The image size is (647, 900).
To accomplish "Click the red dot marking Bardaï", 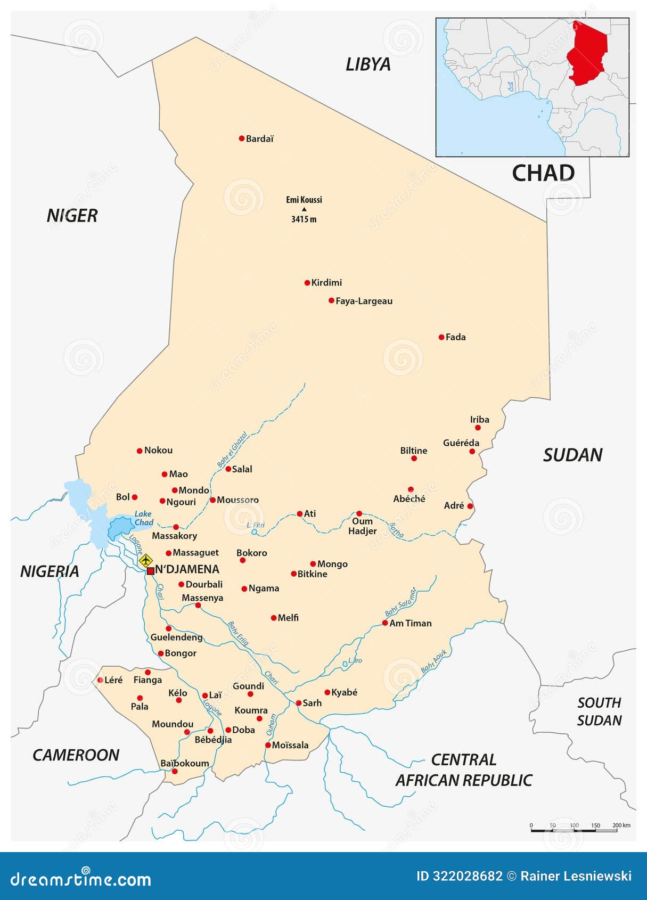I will click(241, 138).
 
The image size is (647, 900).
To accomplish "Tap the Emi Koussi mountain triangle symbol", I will click(304, 209).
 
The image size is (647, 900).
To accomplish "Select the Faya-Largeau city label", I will click(364, 301).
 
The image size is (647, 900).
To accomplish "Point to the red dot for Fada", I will click(441, 337).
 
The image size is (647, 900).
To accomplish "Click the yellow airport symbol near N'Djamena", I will click(145, 560).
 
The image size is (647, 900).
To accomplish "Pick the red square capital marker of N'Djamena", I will click(150, 571).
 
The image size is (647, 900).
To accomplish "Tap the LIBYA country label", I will click(368, 64).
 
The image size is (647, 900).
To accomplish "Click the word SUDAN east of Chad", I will click(572, 455).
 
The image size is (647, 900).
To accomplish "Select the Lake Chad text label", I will click(143, 518).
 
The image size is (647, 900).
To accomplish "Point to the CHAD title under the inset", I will click(543, 173).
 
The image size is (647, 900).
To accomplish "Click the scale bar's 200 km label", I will click(621, 825).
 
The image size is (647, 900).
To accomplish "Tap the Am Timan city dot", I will click(385, 623).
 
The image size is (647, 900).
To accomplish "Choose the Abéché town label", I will click(409, 499).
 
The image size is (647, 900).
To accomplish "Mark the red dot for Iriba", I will click(478, 428).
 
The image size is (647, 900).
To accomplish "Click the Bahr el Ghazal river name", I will click(232, 449).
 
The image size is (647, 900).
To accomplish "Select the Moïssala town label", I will click(290, 745).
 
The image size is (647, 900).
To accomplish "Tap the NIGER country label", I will click(72, 216).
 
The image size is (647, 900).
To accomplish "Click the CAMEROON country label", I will click(76, 755).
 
